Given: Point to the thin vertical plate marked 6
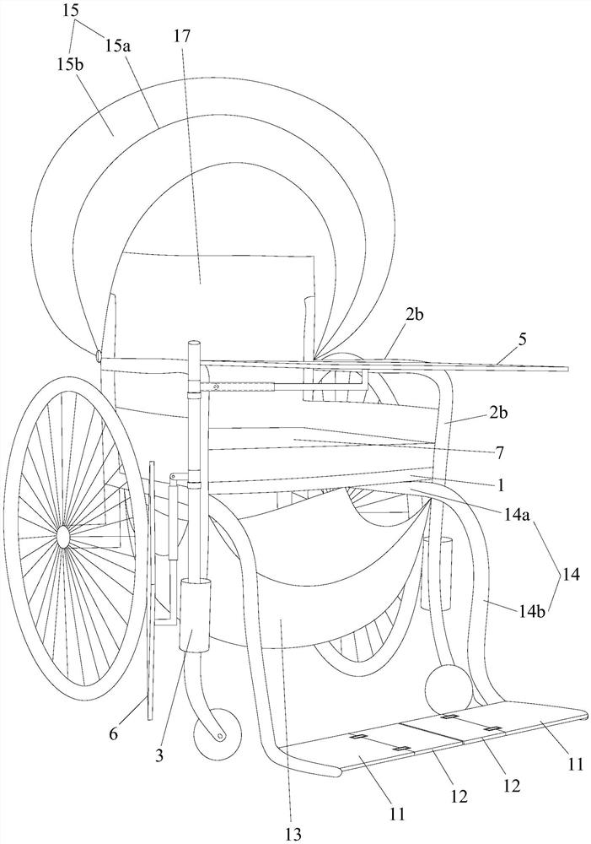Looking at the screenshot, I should [150, 591].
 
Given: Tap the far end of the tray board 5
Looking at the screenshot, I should [567, 369].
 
